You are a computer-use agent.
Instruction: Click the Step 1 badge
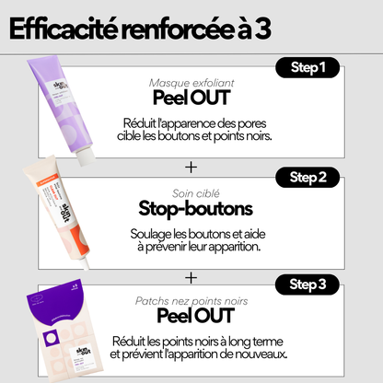[314, 68]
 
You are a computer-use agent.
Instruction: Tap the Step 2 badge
[314, 176]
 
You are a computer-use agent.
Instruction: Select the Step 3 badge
[314, 284]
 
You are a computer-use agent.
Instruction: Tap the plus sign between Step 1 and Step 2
[191, 167]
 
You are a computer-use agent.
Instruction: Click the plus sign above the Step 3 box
[191, 276]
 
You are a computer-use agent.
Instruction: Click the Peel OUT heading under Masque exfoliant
[191, 99]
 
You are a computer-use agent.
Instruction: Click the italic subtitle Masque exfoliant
[191, 82]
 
